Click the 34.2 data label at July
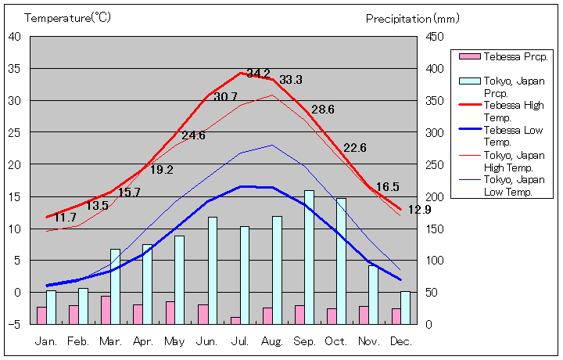pyautogui.click(x=258, y=74)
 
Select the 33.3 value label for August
pyautogui.click(x=291, y=80)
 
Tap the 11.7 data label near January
pyautogui.click(x=66, y=218)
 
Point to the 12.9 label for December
pyautogui.click(x=419, y=210)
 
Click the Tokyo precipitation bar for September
pyautogui.click(x=310, y=257)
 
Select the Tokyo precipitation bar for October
pyautogui.click(x=342, y=261)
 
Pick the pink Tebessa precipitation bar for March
pyautogui.click(x=106, y=310)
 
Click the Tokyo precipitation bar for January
pyautogui.click(x=52, y=307)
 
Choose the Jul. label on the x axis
pyautogui.click(x=240, y=341)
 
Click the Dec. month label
pyautogui.click(x=400, y=341)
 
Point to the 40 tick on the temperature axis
pyautogui.click(x=15, y=36)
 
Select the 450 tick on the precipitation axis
pyautogui.click(x=436, y=36)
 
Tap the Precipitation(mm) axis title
pyautogui.click(x=412, y=17)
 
